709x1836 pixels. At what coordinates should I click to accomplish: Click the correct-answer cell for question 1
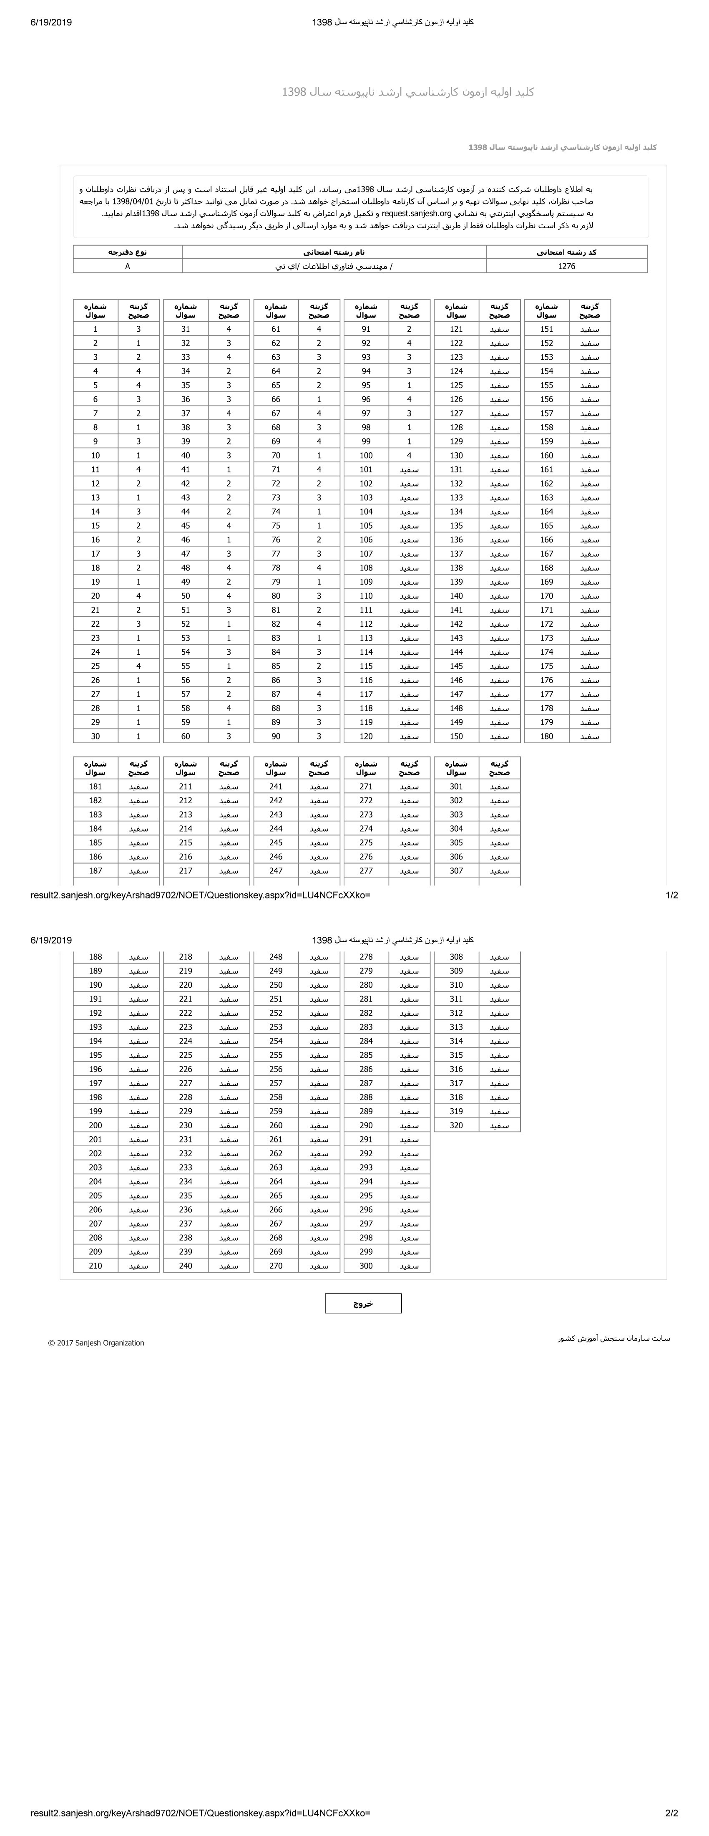[138, 329]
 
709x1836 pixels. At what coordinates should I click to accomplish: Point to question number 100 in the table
[365, 455]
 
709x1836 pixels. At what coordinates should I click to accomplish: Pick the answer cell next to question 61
[319, 329]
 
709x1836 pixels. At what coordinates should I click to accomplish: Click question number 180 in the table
[546, 736]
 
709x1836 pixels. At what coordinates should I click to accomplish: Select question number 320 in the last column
[456, 1125]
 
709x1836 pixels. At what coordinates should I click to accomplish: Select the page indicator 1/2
[671, 895]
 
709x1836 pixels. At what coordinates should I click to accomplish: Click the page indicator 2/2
[671, 1813]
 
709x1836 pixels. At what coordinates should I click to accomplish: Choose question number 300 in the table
[365, 1266]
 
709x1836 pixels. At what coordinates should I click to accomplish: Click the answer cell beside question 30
[138, 736]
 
